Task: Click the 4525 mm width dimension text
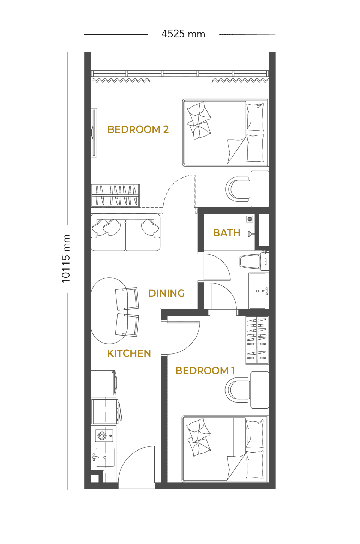click(184, 34)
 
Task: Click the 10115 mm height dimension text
click(66, 258)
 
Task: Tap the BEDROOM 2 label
click(138, 129)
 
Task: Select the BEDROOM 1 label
click(205, 370)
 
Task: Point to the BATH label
click(227, 232)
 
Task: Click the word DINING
click(166, 293)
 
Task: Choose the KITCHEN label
click(129, 353)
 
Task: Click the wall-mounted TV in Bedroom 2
click(94, 132)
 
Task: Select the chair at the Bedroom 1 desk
click(237, 390)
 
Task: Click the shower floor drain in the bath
click(250, 219)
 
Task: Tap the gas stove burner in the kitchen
click(102, 436)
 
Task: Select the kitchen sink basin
click(105, 457)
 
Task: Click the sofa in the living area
click(126, 232)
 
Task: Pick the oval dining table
click(109, 310)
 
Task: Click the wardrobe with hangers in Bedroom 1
click(257, 340)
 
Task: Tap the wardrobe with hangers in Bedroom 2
click(115, 195)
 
